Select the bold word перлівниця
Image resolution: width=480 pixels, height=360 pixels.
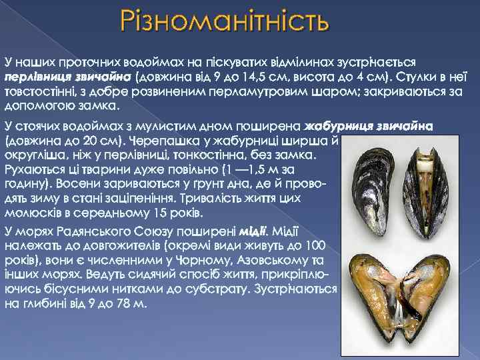[33, 77]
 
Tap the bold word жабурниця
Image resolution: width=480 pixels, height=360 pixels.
[335, 125]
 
